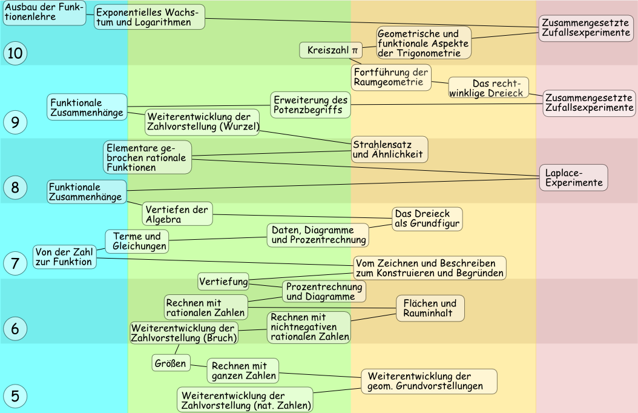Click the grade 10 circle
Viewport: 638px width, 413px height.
pyautogui.click(x=15, y=54)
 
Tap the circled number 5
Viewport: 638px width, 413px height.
pyautogui.click(x=15, y=397)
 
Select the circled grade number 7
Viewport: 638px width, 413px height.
pyautogui.click(x=15, y=263)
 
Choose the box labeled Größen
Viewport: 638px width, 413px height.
pyautogui.click(x=170, y=363)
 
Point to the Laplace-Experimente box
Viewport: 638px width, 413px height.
pyautogui.click(x=573, y=177)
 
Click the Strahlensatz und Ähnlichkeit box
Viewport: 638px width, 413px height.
pyautogui.click(x=389, y=149)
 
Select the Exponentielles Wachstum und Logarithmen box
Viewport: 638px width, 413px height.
pyautogui.click(x=149, y=17)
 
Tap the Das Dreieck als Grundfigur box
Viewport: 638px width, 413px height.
pyautogui.click(x=427, y=219)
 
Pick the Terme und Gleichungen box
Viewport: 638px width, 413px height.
pyautogui.click(x=137, y=241)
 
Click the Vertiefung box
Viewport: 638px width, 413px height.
pyautogui.click(x=223, y=282)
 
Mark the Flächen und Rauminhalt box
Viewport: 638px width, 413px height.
pyautogui.click(x=430, y=308)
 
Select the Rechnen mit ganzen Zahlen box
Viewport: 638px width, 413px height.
pyautogui.click(x=243, y=371)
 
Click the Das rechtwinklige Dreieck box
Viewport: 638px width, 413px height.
pyautogui.click(x=488, y=88)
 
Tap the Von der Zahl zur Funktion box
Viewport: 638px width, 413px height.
pyautogui.click(x=64, y=257)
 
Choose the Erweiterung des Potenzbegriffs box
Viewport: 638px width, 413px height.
pyautogui.click(x=310, y=104)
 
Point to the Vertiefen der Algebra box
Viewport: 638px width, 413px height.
pyautogui.click(x=177, y=214)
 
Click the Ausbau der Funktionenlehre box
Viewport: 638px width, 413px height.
pyautogui.click(x=44, y=12)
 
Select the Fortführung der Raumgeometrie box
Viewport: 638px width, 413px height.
pyautogui.click(x=391, y=78)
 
